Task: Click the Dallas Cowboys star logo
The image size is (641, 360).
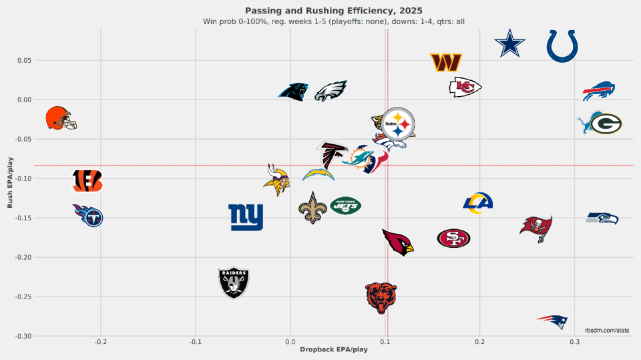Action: (x=509, y=45)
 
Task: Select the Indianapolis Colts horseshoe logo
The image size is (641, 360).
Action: (x=562, y=45)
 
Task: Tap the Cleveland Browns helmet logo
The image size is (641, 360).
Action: (x=61, y=118)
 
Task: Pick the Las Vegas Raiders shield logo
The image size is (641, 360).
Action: (x=234, y=283)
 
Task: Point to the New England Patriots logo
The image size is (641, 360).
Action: (x=552, y=321)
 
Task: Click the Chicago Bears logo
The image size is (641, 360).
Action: (x=381, y=297)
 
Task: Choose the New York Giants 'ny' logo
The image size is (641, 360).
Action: (x=246, y=217)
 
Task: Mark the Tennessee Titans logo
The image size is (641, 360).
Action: (x=88, y=215)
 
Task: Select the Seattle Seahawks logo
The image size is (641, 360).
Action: (x=602, y=218)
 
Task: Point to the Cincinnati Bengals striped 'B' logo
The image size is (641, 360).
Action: (x=87, y=180)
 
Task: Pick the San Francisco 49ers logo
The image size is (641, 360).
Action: (x=454, y=238)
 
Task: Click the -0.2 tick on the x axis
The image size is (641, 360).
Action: (x=100, y=342)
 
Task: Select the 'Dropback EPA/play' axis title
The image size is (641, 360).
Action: (x=334, y=350)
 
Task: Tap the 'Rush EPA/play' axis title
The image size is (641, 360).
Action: (x=10, y=182)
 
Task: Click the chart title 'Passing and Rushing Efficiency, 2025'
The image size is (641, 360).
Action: (x=334, y=10)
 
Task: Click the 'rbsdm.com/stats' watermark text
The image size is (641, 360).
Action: (x=606, y=330)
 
